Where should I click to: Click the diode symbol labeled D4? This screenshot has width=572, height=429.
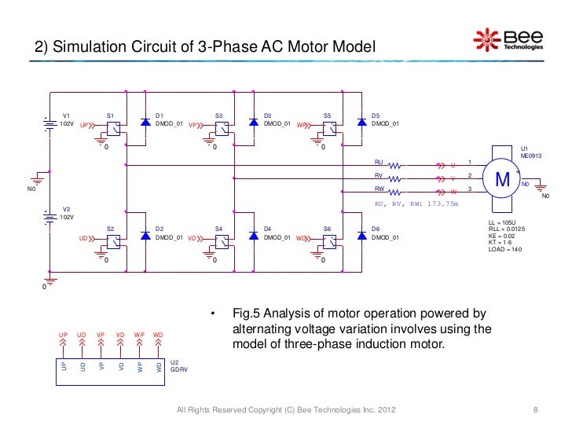[x=253, y=236]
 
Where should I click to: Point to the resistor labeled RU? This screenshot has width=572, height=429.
[x=394, y=165]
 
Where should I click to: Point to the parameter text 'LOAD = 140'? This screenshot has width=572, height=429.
[x=505, y=249]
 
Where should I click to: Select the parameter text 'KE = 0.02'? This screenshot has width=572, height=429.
[x=503, y=235]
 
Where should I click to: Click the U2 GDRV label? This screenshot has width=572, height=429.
[x=178, y=365]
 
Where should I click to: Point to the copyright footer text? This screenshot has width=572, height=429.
[x=287, y=410]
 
